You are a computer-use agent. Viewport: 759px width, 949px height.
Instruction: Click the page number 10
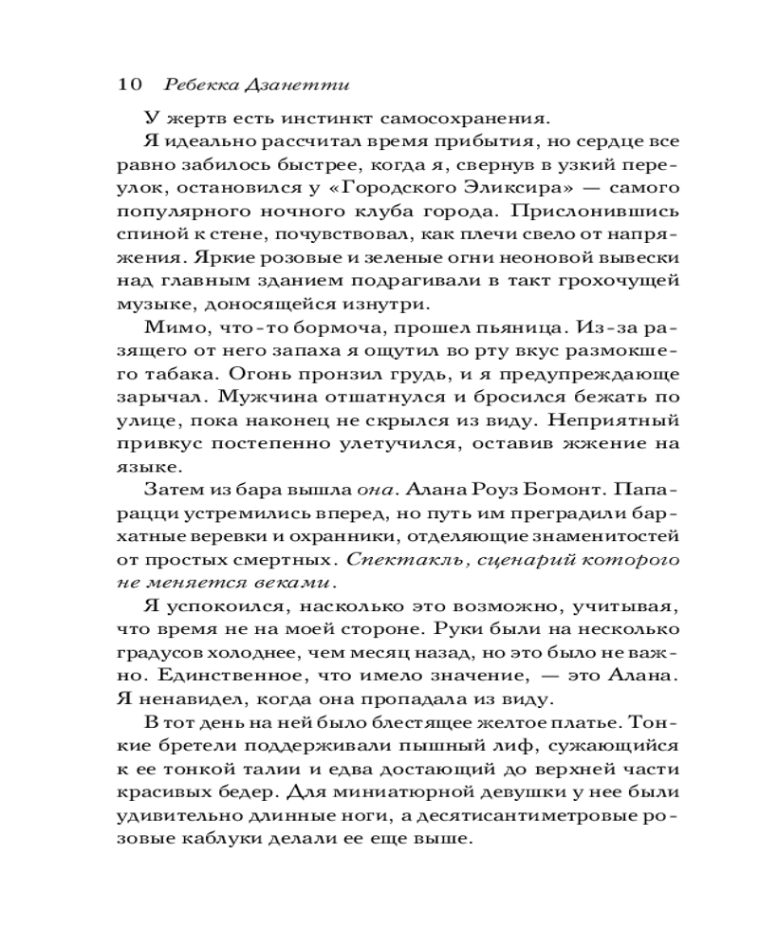129,84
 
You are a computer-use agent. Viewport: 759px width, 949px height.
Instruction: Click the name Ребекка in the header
197,84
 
